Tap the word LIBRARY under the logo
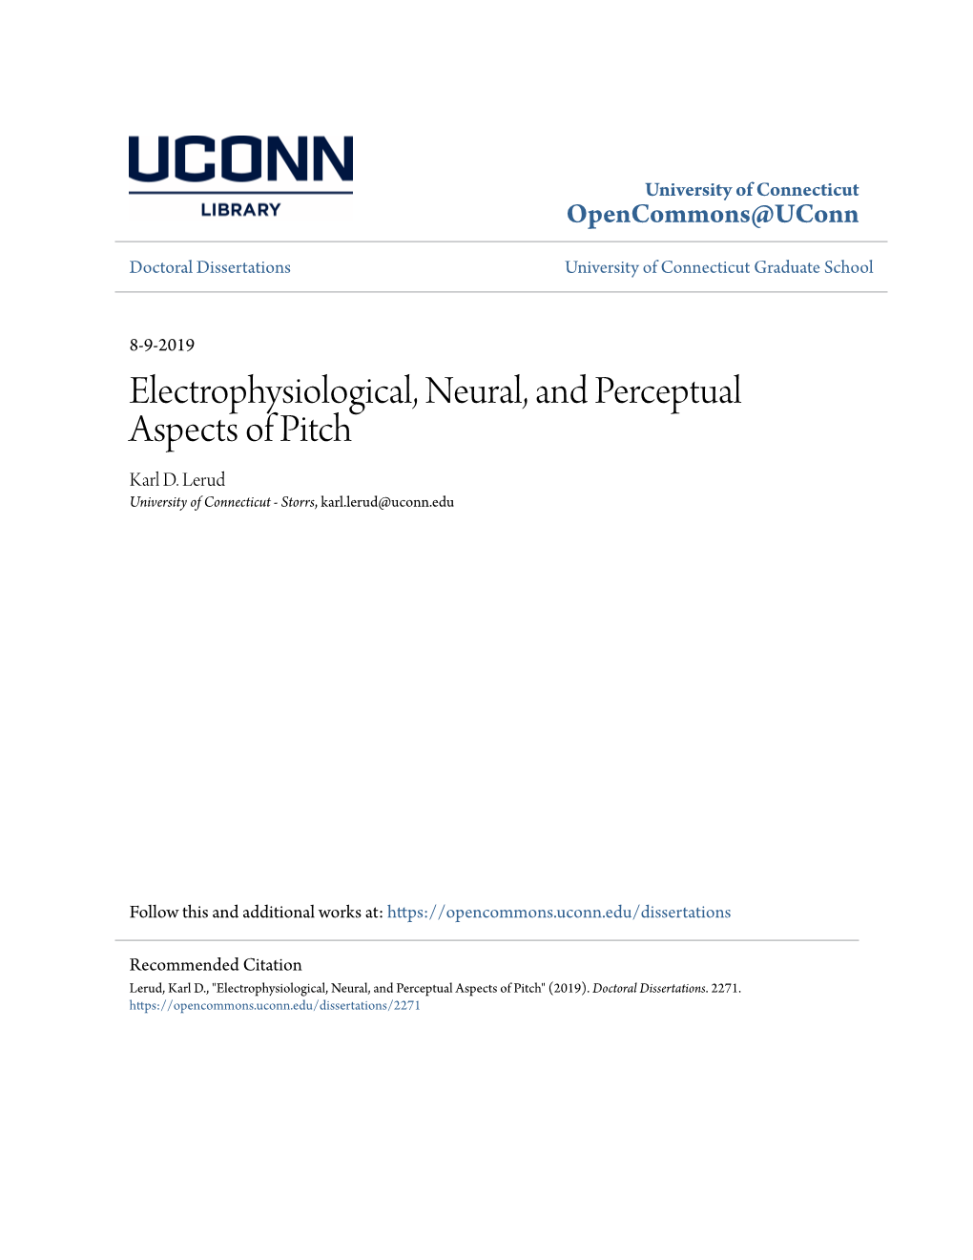[x=240, y=210]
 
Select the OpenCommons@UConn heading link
[x=712, y=215]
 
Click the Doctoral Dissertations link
[x=210, y=267]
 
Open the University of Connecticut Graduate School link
[x=718, y=267]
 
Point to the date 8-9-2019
[x=162, y=345]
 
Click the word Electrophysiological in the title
[x=272, y=391]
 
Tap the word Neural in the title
[x=475, y=391]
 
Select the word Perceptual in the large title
[x=668, y=391]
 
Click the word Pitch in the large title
[x=315, y=430]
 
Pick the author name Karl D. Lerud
[x=177, y=479]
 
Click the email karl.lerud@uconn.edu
[x=387, y=502]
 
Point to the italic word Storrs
[x=298, y=502]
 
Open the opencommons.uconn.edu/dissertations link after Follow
[x=559, y=912]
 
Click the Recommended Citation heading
[x=216, y=964]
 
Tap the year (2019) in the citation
[x=568, y=988]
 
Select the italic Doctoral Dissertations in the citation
[x=649, y=988]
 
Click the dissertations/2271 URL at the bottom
[x=275, y=1005]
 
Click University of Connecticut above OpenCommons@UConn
[x=752, y=189]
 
